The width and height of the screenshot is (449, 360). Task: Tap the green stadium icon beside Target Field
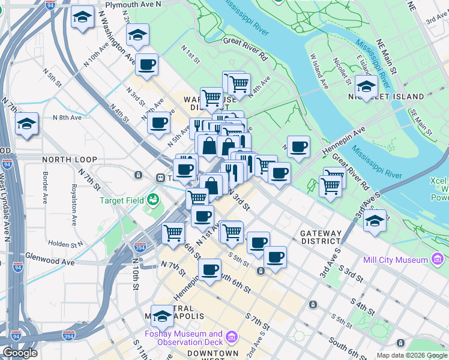click(x=154, y=198)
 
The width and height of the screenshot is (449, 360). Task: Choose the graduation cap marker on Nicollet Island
click(x=366, y=86)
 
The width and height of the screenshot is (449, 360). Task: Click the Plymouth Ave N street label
click(x=133, y=4)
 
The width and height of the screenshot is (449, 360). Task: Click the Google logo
click(x=20, y=353)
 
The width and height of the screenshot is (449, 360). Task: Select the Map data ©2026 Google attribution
click(x=412, y=355)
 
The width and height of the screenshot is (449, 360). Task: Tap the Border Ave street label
click(x=46, y=187)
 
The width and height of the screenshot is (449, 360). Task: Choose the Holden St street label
click(x=66, y=244)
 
